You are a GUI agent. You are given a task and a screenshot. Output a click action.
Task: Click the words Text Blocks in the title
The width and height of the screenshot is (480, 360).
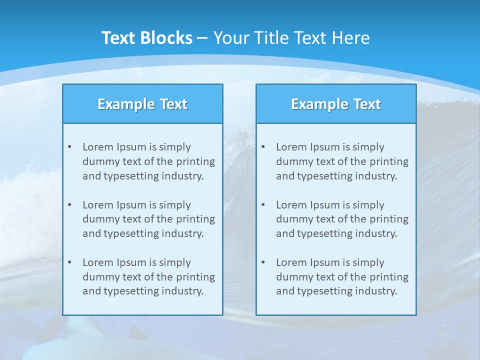tap(146, 38)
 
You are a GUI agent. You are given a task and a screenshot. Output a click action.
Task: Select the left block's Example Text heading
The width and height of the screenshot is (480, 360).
tap(142, 104)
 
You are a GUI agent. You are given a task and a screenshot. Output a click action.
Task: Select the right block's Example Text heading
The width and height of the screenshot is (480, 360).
tap(336, 104)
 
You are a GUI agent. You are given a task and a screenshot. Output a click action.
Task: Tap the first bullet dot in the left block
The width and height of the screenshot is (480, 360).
tap(69, 147)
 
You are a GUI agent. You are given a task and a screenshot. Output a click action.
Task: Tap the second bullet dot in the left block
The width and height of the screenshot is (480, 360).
tap(69, 205)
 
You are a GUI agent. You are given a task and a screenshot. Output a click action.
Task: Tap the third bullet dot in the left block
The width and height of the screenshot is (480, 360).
tap(69, 262)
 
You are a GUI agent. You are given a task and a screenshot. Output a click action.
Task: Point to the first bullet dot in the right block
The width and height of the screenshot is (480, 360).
tap(263, 147)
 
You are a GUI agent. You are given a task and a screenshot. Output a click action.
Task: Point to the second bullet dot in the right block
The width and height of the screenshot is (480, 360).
tap(263, 205)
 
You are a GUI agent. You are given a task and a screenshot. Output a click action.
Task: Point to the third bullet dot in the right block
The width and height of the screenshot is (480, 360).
tap(263, 262)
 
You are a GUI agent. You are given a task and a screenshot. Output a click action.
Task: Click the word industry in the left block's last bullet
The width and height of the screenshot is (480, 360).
tap(183, 291)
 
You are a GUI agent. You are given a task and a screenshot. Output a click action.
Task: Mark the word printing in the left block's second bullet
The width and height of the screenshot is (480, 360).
tap(195, 219)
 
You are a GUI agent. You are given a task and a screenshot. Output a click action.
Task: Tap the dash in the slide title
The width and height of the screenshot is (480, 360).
tap(202, 38)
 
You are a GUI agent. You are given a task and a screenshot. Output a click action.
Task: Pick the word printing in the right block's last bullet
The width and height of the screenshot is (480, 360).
tap(389, 277)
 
